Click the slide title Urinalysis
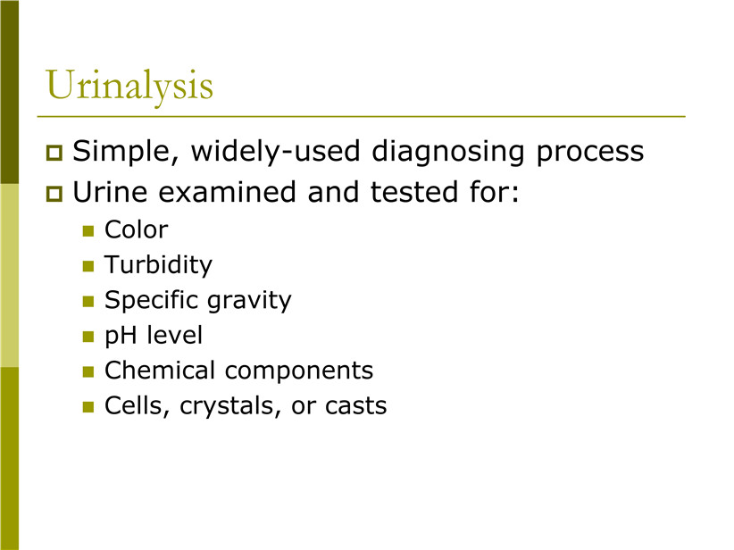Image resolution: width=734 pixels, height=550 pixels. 129,86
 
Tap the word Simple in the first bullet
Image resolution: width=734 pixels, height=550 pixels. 125,152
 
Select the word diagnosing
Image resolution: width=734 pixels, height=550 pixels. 448,152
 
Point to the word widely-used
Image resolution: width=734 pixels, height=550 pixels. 276,151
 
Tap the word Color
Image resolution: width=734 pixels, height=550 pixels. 137,229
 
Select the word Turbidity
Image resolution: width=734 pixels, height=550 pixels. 158,265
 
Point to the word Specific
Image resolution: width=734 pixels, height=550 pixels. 152,300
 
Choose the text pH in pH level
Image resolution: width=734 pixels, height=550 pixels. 120,336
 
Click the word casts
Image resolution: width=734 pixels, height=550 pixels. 356,406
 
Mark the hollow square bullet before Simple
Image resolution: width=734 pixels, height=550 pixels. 54,153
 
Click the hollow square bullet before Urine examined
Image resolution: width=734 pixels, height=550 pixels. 54,194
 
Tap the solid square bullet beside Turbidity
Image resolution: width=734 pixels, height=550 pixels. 88,266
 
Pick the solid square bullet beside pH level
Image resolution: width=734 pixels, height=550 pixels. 88,337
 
